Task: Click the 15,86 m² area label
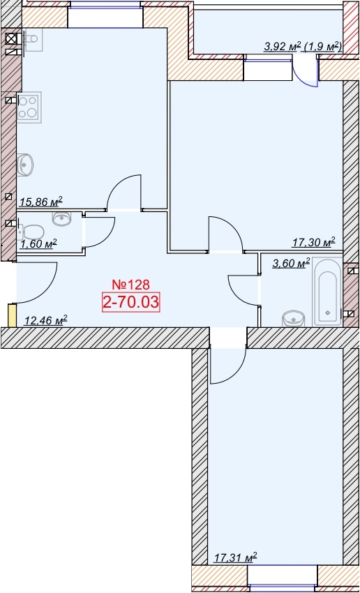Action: (40, 202)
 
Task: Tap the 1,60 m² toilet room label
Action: (39, 243)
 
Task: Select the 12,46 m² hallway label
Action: (45, 321)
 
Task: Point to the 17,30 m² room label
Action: (314, 242)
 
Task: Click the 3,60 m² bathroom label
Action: (291, 263)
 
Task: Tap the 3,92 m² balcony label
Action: (283, 47)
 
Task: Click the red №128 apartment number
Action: (132, 284)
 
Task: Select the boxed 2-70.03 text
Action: (131, 303)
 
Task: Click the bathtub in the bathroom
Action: (327, 292)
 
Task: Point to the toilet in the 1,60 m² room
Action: (30, 232)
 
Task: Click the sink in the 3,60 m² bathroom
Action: (294, 319)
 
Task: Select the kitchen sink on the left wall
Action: (25, 165)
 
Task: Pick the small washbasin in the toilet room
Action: (61, 218)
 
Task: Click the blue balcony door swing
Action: (305, 72)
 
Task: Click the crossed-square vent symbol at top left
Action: (11, 38)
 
